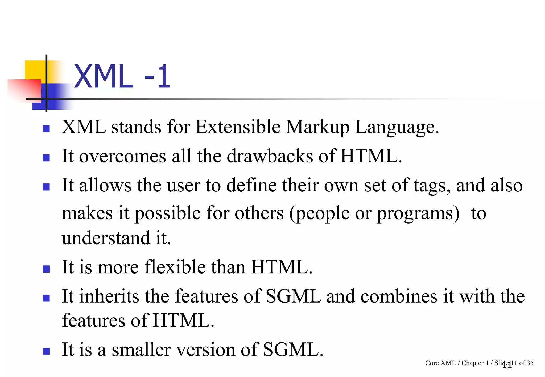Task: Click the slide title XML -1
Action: pos(122,77)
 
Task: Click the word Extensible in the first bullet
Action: pos(238,127)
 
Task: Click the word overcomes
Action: pos(122,157)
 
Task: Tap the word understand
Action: pos(106,238)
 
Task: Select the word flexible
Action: pos(175,267)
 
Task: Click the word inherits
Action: pos(109,296)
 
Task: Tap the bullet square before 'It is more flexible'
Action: pos(46,269)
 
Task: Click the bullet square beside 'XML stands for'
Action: pos(46,129)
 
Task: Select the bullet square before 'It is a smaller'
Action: pos(46,351)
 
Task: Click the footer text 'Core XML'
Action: pos(440,363)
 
